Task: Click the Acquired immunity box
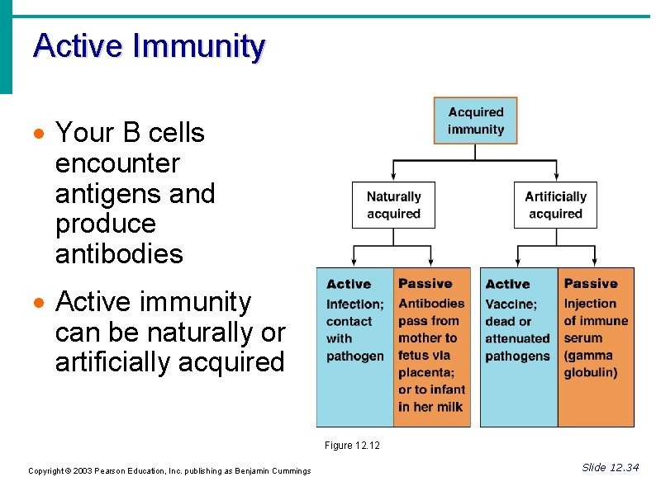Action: [475, 120]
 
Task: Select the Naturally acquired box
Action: [393, 205]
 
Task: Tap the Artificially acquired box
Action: [555, 205]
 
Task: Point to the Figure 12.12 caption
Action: [352, 446]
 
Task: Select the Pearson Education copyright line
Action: [169, 471]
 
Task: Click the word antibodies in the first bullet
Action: [119, 253]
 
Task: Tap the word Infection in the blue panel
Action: [354, 305]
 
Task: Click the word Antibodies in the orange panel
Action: [431, 303]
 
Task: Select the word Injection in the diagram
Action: [590, 304]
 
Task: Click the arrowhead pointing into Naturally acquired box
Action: [394, 177]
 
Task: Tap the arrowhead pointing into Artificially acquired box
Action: [556, 177]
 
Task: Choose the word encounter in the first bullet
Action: [116, 163]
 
